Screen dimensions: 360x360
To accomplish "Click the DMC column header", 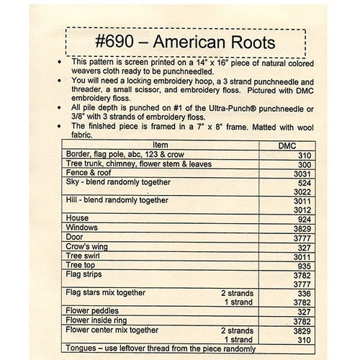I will pyautogui.click(x=286, y=145).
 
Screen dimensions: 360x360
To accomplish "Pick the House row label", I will pyautogui.click(x=77, y=217).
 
